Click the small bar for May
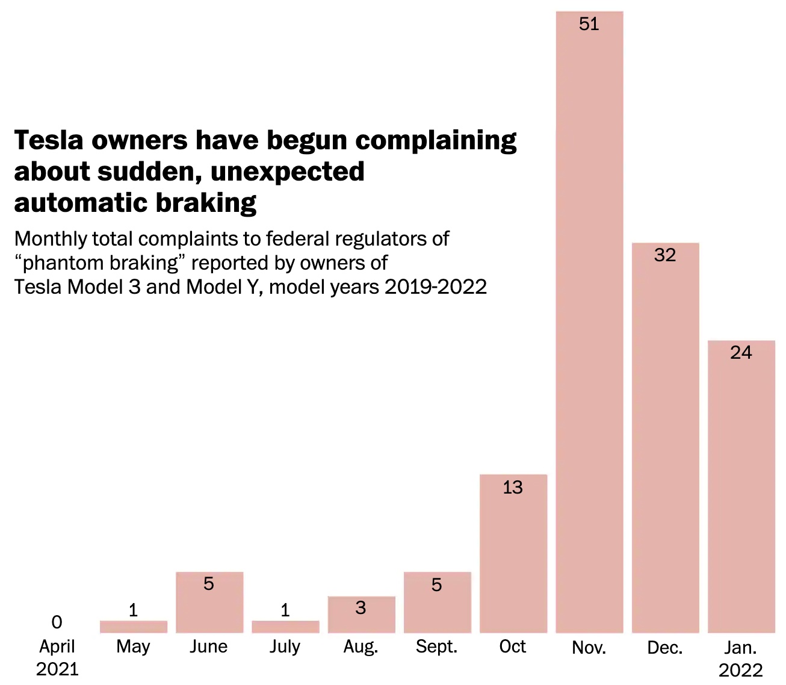134,627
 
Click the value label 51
589,24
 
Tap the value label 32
665,255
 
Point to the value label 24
741,353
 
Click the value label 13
513,488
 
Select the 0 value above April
57,622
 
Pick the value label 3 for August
361,608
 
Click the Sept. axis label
436,646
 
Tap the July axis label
285,646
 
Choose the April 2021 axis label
57,657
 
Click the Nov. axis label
589,647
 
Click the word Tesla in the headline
48,140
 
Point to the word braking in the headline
206,203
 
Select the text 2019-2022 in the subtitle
436,287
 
